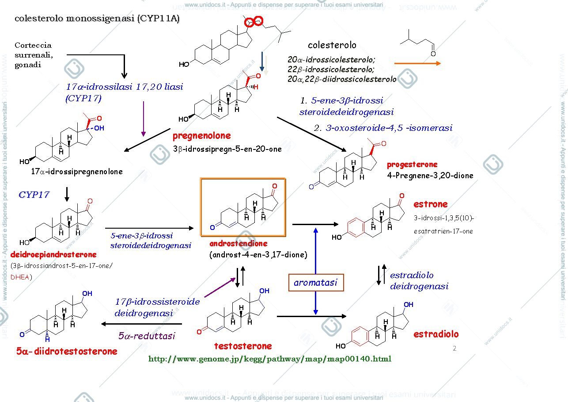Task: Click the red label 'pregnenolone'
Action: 201,136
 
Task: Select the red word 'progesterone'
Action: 412,165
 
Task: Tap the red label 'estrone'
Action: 430,204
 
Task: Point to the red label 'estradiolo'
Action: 436,334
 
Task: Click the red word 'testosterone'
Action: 243,346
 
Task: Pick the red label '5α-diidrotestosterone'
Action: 67,351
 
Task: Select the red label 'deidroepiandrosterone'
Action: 53,254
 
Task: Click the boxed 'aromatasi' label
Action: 316,283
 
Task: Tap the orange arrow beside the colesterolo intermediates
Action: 417,63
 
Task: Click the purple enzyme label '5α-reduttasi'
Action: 147,336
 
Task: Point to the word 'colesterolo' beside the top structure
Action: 332,45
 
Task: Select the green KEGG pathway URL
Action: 270,359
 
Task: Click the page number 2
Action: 454,348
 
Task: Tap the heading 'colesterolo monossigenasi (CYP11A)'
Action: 97,18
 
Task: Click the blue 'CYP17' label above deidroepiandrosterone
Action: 34,195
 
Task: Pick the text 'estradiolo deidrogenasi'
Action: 419,281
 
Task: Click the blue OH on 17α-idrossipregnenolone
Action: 99,128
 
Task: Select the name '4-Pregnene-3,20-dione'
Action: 430,176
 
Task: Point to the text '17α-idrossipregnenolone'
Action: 77,172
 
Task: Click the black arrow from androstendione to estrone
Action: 315,224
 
